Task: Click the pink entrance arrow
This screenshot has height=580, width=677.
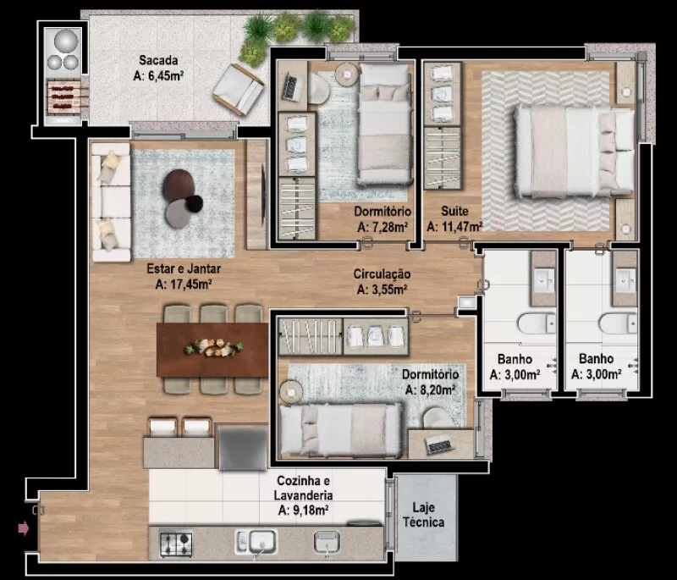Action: click(x=24, y=528)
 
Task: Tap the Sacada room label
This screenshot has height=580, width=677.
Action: click(x=158, y=60)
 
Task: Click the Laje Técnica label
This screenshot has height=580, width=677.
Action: click(x=424, y=515)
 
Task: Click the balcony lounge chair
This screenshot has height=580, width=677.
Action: click(x=238, y=90)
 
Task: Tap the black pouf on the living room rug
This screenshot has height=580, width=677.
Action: click(x=194, y=203)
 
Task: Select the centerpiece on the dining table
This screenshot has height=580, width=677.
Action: click(x=214, y=347)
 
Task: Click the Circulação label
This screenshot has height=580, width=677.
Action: click(x=382, y=274)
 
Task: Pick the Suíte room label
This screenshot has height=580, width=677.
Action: click(x=454, y=211)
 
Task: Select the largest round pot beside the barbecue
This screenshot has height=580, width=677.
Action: click(x=66, y=41)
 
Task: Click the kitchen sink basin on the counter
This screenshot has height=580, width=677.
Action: click(x=261, y=542)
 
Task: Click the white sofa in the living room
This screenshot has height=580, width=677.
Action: click(x=111, y=202)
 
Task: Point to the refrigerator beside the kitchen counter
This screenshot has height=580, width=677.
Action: click(x=242, y=447)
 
